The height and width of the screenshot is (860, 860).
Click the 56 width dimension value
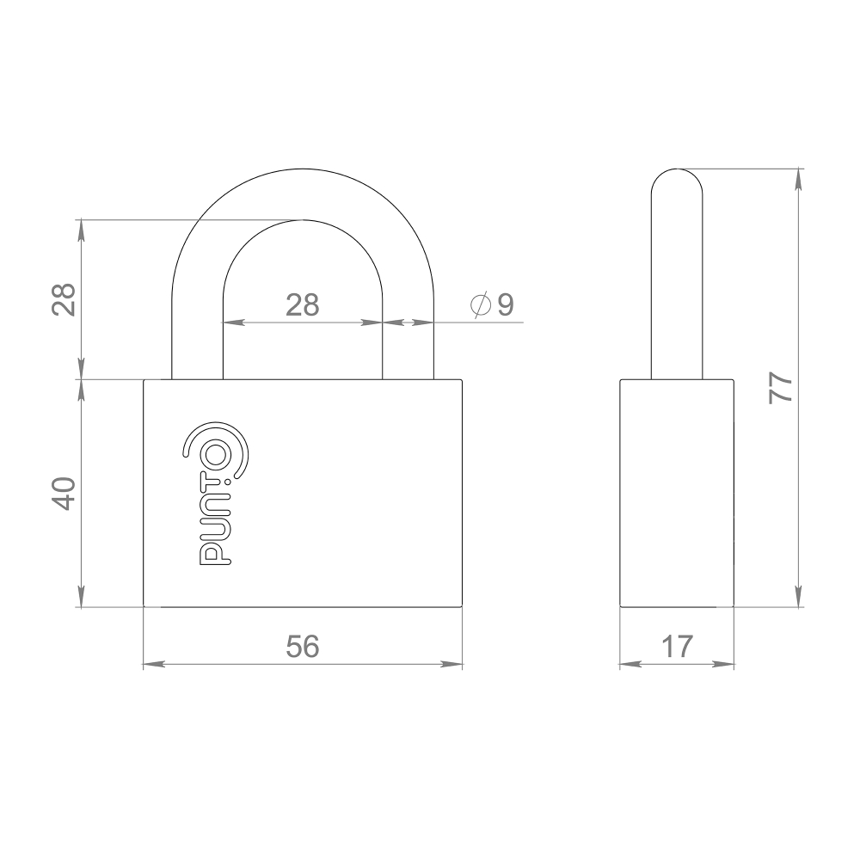(x=302, y=647)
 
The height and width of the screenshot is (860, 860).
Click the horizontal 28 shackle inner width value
(x=302, y=304)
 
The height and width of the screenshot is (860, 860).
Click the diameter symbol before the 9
(x=481, y=304)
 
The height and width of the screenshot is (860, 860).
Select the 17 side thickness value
(x=677, y=647)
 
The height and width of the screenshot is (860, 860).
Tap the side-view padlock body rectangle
(x=677, y=492)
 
